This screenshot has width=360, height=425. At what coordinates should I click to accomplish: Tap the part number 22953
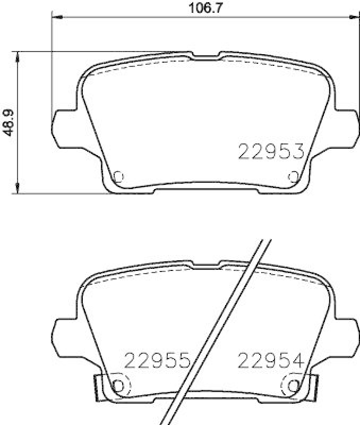click(x=270, y=152)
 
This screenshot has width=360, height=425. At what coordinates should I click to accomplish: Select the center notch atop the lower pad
click(x=205, y=264)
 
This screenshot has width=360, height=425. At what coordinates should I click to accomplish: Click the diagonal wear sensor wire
click(x=223, y=329)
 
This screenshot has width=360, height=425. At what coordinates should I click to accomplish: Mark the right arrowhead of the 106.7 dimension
click(x=355, y=18)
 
